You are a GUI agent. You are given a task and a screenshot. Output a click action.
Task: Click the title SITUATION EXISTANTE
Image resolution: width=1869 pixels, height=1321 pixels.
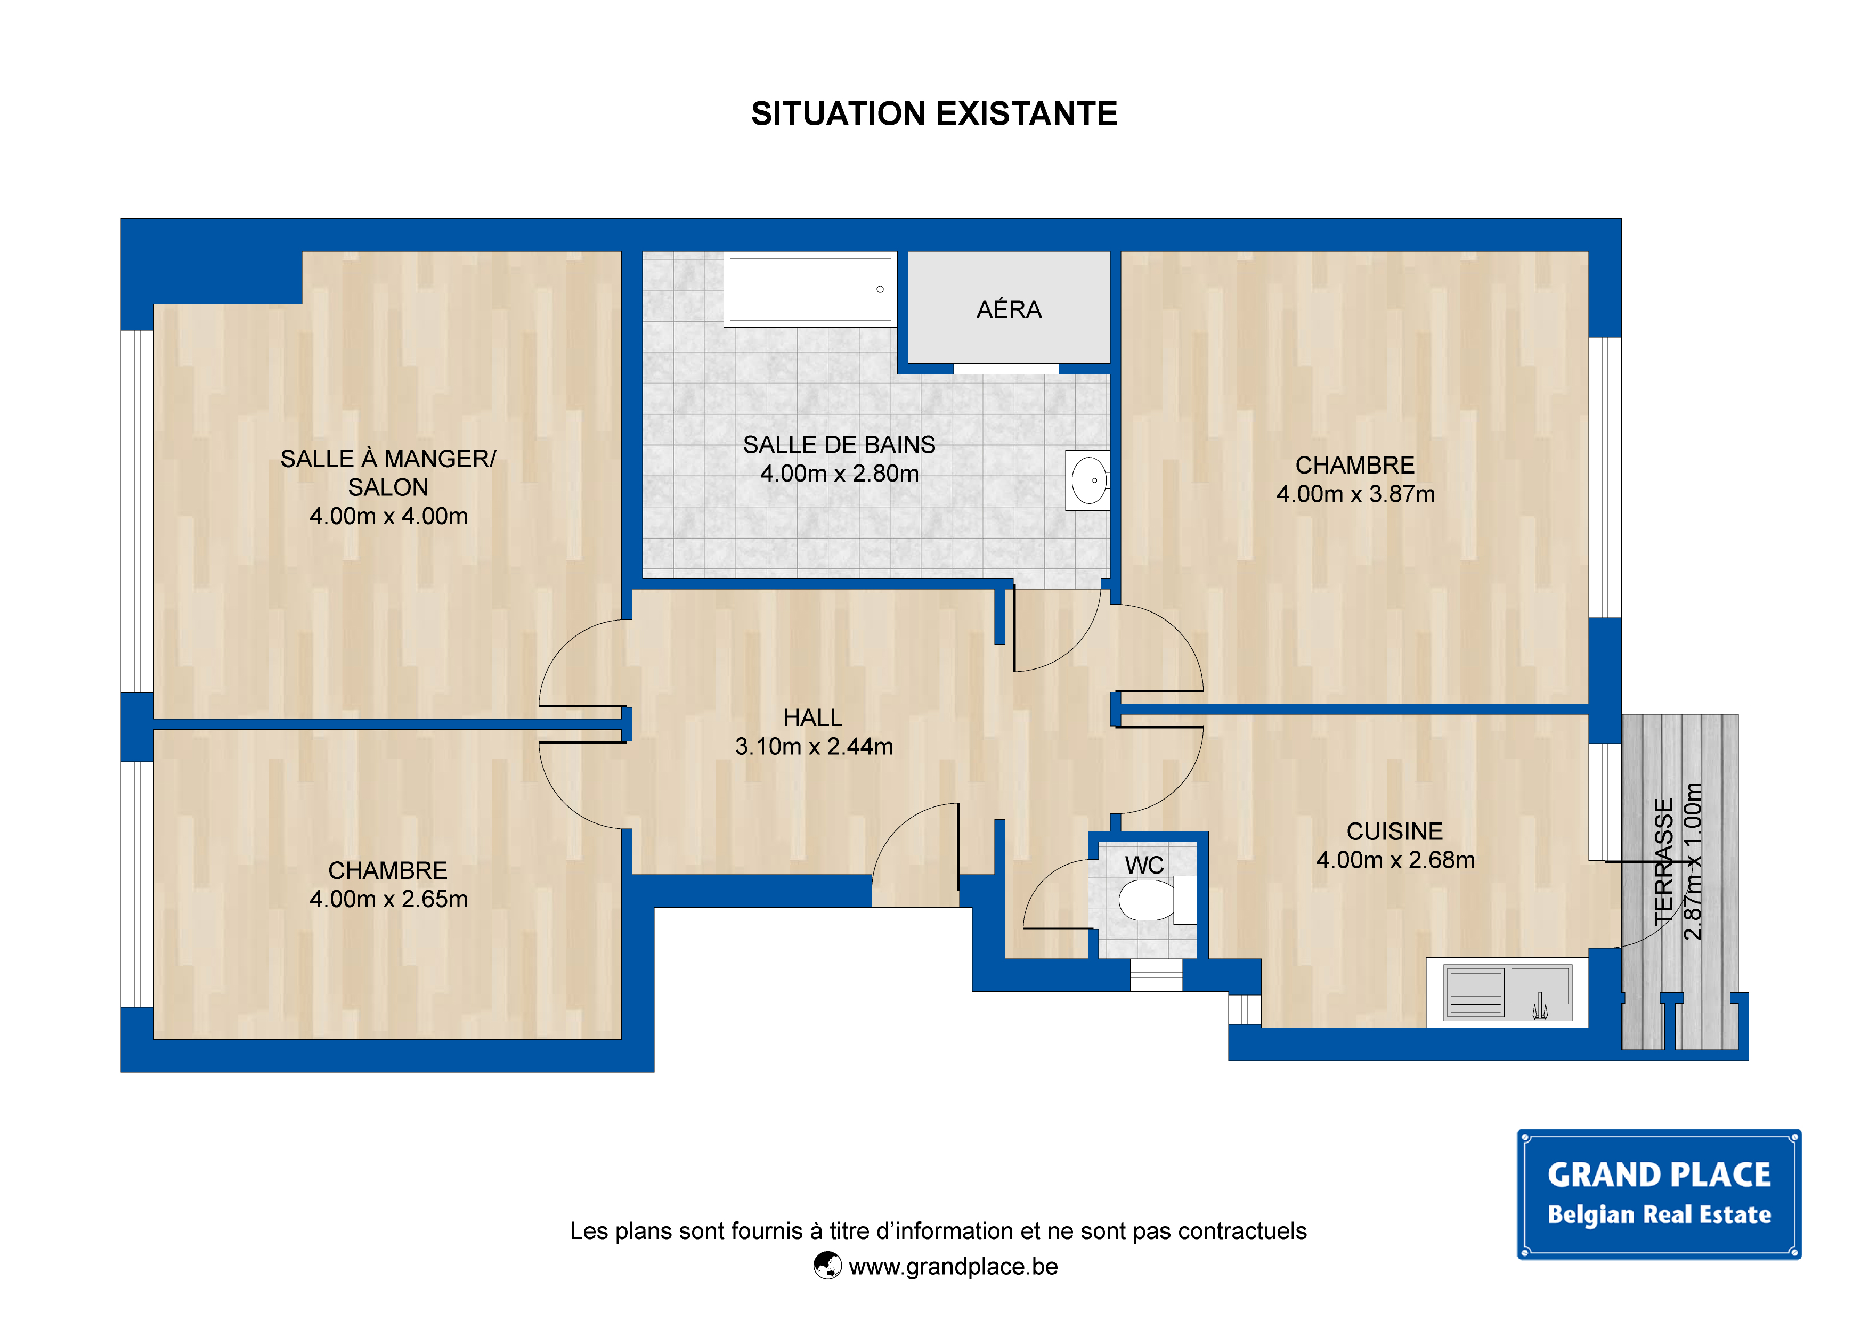pyautogui.click(x=933, y=114)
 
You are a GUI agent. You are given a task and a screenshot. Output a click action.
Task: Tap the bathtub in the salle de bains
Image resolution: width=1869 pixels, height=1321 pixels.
pyautogui.click(x=810, y=289)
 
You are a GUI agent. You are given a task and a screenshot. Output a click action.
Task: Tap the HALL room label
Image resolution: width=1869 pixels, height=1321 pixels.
pyautogui.click(x=812, y=718)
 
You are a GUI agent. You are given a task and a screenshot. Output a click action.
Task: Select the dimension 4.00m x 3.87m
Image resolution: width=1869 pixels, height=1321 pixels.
pyautogui.click(x=1355, y=494)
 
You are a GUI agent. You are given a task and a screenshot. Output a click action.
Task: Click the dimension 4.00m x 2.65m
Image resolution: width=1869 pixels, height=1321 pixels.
pyautogui.click(x=388, y=899)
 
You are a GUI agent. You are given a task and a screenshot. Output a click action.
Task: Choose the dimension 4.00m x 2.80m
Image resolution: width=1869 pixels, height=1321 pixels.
pyautogui.click(x=839, y=474)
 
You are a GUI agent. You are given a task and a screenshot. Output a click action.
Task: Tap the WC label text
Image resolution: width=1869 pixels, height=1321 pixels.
pyautogui.click(x=1144, y=865)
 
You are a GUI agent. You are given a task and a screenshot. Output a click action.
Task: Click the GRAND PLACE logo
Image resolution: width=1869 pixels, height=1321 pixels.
pyautogui.click(x=1659, y=1194)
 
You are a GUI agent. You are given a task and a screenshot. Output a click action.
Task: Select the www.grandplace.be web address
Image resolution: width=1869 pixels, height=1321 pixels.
pyautogui.click(x=953, y=1267)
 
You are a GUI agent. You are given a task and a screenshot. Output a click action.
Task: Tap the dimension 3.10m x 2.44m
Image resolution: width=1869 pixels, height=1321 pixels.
pyautogui.click(x=814, y=746)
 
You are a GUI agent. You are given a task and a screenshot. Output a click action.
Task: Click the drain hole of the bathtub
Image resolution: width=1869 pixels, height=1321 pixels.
pyautogui.click(x=880, y=289)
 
